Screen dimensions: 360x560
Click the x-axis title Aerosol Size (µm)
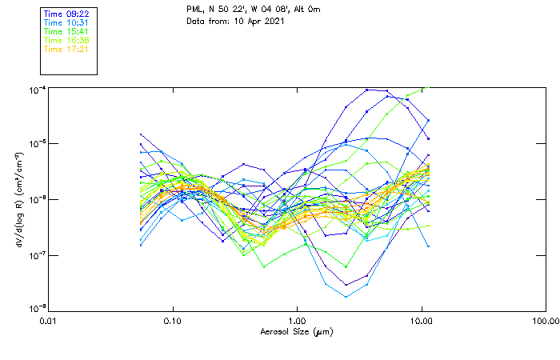coord(297,331)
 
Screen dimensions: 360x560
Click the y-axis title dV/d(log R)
coord(18,198)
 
